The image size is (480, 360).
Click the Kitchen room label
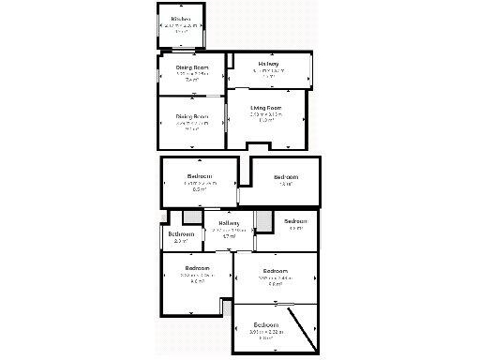pyautogui.click(x=182, y=19)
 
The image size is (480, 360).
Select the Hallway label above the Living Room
pyautogui.click(x=271, y=64)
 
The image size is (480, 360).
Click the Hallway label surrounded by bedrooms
pyautogui.click(x=228, y=223)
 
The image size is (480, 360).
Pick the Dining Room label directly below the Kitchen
pyautogui.click(x=191, y=67)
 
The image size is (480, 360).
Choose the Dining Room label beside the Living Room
pyautogui.click(x=191, y=116)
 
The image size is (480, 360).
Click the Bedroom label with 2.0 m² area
pyautogui.click(x=181, y=233)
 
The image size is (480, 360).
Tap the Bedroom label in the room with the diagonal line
pyautogui.click(x=265, y=325)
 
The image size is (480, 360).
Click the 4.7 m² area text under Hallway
pyautogui.click(x=228, y=236)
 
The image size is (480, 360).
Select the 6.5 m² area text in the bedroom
pyautogui.click(x=199, y=188)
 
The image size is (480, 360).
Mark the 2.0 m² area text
pyautogui.click(x=181, y=241)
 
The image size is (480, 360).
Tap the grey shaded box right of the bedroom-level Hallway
pyautogui.click(x=263, y=221)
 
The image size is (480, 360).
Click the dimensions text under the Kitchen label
pyautogui.click(x=182, y=25)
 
